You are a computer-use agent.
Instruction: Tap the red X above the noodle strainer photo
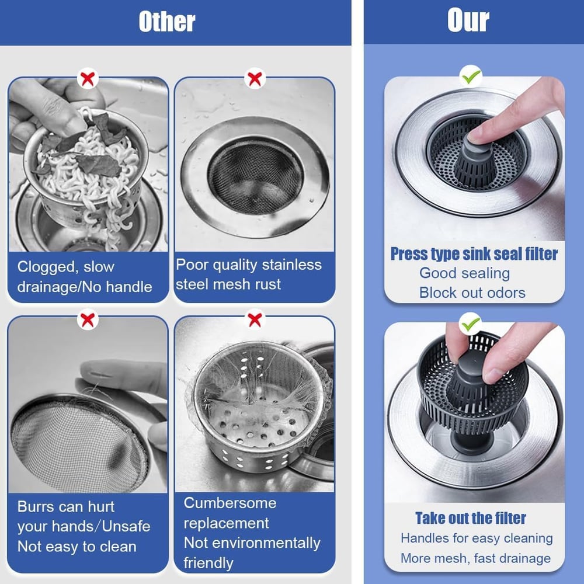88,78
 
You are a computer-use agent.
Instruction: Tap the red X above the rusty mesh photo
255,78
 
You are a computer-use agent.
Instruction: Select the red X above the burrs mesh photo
88,319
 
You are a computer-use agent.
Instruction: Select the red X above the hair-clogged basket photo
255,319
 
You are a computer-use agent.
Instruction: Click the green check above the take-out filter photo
471,322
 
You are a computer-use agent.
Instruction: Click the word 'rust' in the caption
266,284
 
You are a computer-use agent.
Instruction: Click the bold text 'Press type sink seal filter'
474,254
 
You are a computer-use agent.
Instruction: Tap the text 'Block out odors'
472,293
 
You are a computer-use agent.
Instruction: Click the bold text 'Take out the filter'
471,518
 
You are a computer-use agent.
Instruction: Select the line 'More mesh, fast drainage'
475,558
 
